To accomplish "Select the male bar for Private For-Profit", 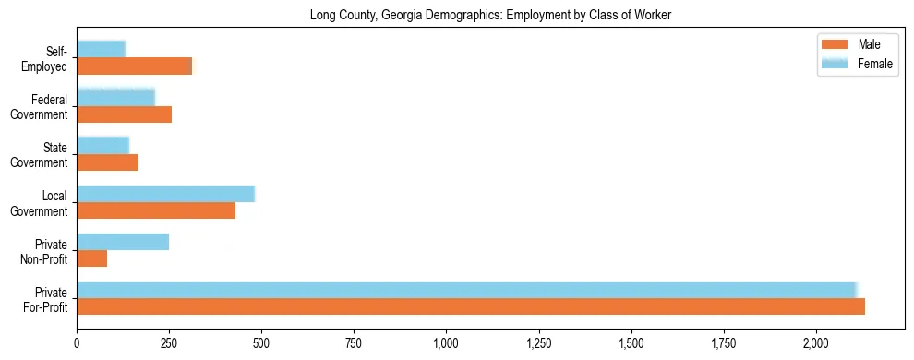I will pyautogui.click(x=471, y=306).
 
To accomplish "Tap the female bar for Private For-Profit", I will pyautogui.click(x=466, y=289).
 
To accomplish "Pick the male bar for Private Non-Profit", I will pyautogui.click(x=92, y=258).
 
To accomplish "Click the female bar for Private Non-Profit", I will pyautogui.click(x=123, y=242).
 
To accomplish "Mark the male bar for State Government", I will pyautogui.click(x=107, y=162).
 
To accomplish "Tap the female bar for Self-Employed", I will pyautogui.click(x=101, y=49).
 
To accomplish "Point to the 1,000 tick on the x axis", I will pyautogui.click(x=446, y=343).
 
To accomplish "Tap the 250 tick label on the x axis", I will pyautogui.click(x=169, y=343).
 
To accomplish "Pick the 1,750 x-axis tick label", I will pyautogui.click(x=724, y=343).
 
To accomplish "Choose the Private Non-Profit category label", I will pyautogui.click(x=46, y=251).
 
